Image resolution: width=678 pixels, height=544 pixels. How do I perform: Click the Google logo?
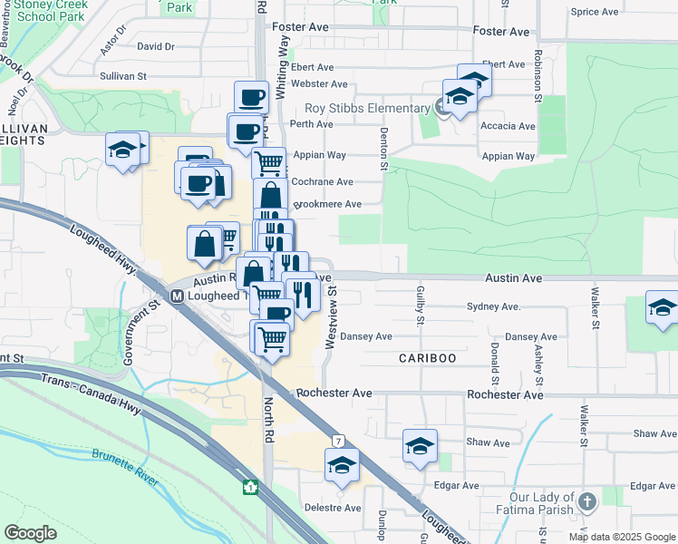tap(31, 533)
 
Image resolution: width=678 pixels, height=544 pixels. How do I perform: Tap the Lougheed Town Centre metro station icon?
tap(178, 296)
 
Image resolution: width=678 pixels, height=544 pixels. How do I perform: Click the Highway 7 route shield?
tap(337, 441)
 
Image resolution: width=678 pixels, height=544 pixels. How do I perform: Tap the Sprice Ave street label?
tap(595, 12)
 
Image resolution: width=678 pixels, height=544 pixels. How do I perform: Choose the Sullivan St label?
tap(123, 77)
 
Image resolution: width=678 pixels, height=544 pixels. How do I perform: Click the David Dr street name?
tap(155, 46)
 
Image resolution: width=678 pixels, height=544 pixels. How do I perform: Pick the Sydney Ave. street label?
tap(494, 307)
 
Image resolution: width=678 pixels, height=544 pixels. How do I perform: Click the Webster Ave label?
tap(319, 84)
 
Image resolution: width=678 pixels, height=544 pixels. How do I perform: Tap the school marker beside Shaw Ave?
tap(420, 445)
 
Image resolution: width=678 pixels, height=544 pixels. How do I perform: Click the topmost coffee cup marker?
tap(251, 97)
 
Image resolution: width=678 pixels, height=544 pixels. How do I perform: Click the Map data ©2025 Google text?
tap(621, 537)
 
